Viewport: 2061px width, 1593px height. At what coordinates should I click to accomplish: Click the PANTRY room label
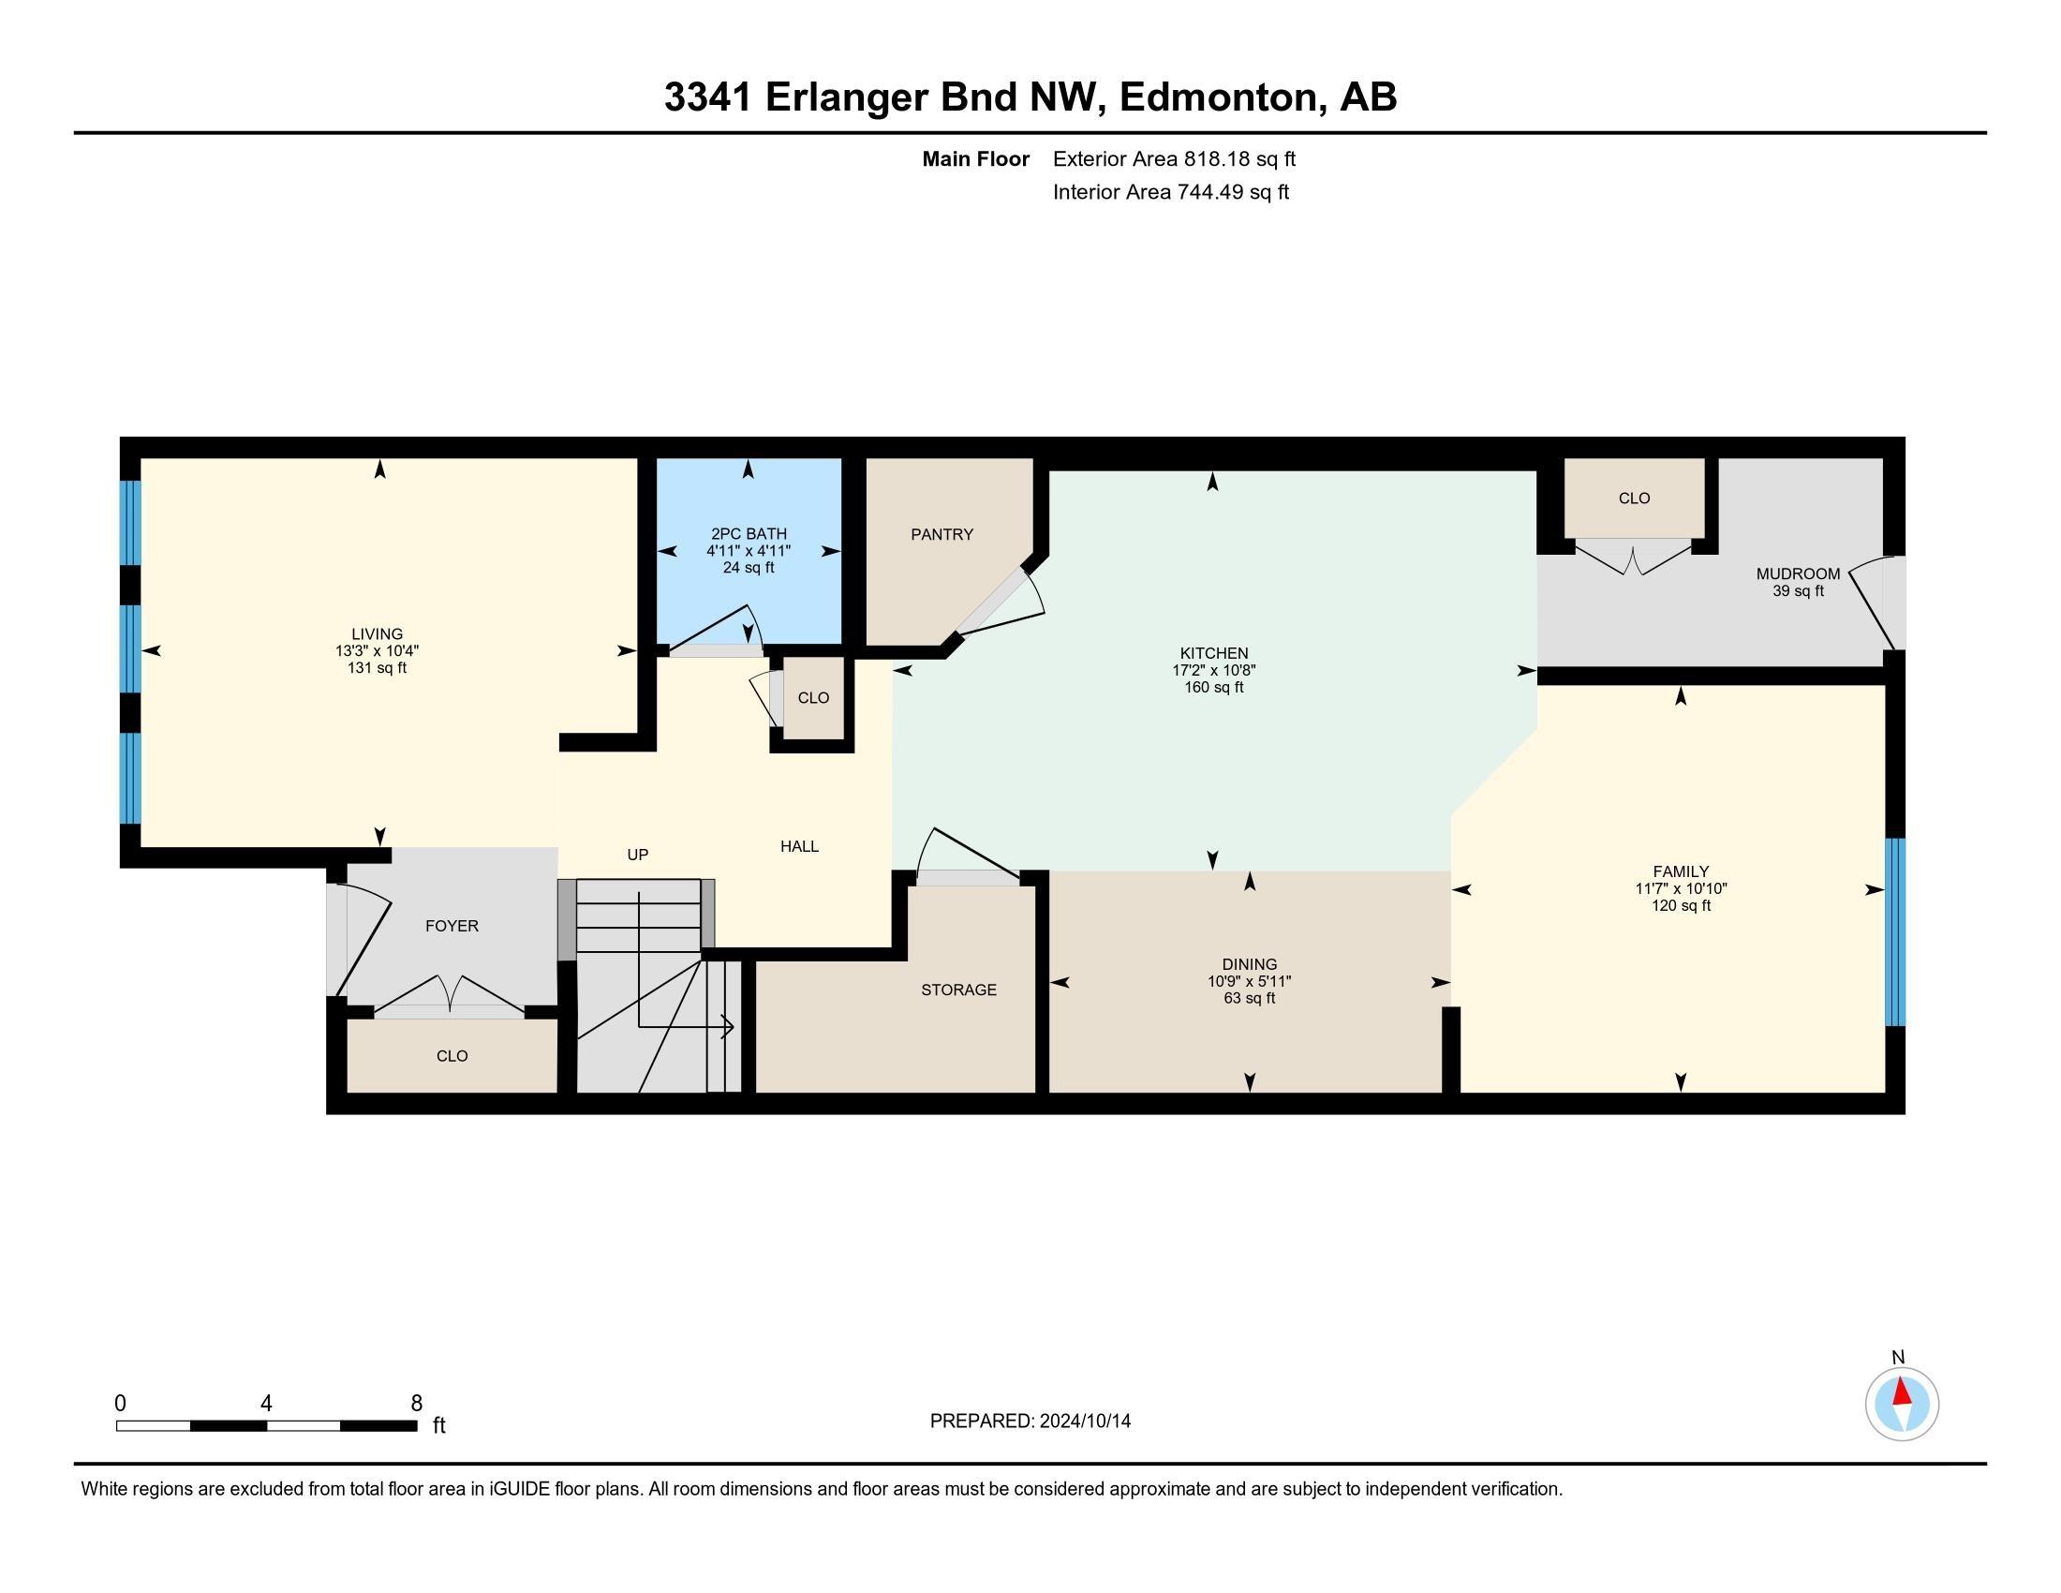pyautogui.click(x=941, y=534)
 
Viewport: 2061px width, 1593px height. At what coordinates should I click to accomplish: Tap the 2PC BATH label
pyautogui.click(x=749, y=534)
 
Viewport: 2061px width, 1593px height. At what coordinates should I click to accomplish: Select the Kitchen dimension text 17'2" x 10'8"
pyautogui.click(x=1213, y=670)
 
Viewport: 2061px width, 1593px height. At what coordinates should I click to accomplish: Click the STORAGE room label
pyautogui.click(x=957, y=990)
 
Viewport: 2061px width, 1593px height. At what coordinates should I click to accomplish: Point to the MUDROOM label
pyautogui.click(x=1797, y=573)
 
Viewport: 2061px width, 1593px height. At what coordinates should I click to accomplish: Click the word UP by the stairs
pyautogui.click(x=638, y=855)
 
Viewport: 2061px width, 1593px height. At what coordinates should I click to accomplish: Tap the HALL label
pyautogui.click(x=798, y=846)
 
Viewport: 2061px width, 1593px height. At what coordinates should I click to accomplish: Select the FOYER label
pyautogui.click(x=452, y=926)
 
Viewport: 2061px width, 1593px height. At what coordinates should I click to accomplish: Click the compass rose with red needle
pyautogui.click(x=1902, y=1405)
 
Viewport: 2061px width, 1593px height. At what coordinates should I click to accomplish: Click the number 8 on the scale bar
pyautogui.click(x=416, y=1404)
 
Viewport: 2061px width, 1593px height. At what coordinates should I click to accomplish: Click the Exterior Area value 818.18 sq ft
pyautogui.click(x=1239, y=159)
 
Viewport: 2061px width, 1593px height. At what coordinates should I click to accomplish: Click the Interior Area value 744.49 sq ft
pyautogui.click(x=1233, y=192)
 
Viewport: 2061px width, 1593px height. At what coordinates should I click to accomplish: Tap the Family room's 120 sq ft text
pyautogui.click(x=1680, y=906)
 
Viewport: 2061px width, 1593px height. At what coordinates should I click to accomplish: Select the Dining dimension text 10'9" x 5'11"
pyautogui.click(x=1249, y=981)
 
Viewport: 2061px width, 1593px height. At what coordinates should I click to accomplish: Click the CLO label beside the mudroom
pyautogui.click(x=1634, y=499)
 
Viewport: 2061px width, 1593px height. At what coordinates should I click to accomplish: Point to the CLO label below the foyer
pyautogui.click(x=452, y=1056)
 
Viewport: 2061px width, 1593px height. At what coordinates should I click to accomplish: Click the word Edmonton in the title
pyautogui.click(x=1217, y=97)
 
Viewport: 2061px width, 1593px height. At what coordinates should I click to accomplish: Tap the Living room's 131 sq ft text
pyautogui.click(x=377, y=668)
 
